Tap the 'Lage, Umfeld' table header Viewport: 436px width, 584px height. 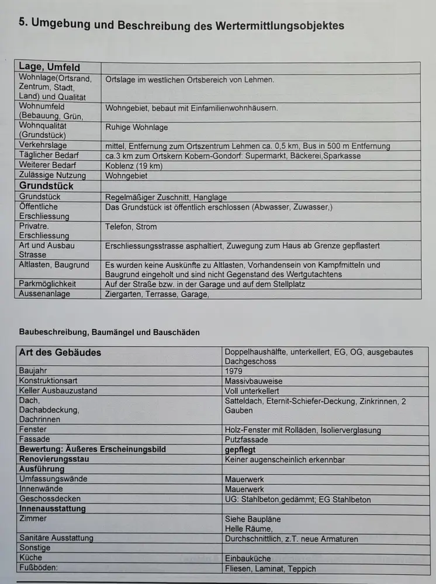coord(50,67)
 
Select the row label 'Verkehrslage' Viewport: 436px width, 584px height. coord(43,145)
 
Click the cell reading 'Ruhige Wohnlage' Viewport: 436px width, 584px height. coord(136,127)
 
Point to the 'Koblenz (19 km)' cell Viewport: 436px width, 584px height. coord(134,165)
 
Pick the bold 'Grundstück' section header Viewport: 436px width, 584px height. coord(46,186)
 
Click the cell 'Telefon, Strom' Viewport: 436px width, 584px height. coord(131,227)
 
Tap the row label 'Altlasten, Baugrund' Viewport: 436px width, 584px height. coord(54,265)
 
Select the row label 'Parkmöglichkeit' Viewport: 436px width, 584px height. coord(48,284)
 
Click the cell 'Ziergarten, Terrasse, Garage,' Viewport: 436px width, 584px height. coord(157,294)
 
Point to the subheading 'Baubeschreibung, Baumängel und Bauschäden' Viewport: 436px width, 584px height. coord(109,332)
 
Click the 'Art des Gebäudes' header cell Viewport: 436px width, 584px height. coord(60,352)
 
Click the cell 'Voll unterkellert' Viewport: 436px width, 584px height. coord(252,390)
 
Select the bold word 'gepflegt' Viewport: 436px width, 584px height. coord(240,449)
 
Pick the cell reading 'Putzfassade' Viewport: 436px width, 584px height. coord(247,439)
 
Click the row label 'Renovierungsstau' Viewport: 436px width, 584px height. coord(54,459)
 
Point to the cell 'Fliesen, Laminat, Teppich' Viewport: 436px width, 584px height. coord(270,568)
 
